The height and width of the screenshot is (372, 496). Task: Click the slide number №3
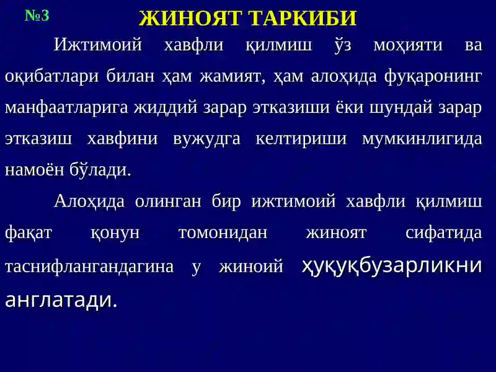click(37, 15)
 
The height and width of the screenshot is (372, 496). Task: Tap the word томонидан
click(223, 233)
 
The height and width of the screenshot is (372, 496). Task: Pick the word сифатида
click(443, 233)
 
